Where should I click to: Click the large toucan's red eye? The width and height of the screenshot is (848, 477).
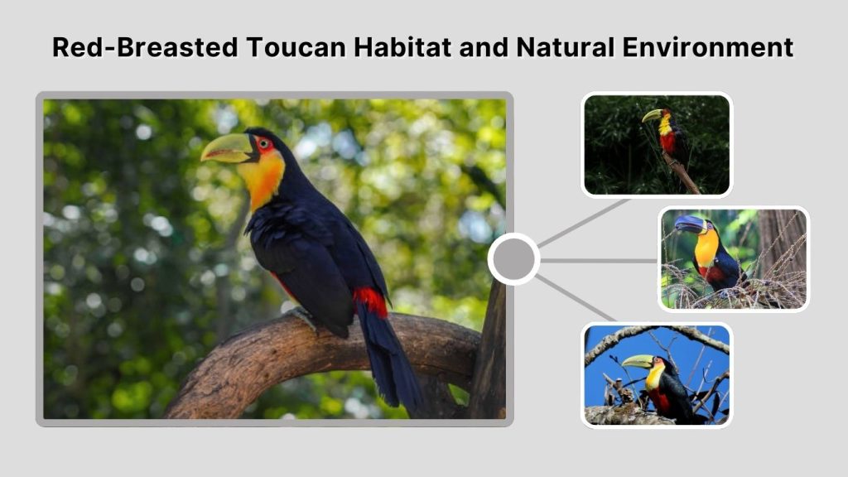point(263,144)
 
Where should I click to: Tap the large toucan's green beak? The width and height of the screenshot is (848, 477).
point(226,149)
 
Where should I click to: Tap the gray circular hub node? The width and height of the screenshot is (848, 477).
point(513,259)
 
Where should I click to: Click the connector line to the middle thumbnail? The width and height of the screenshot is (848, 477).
point(598,260)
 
